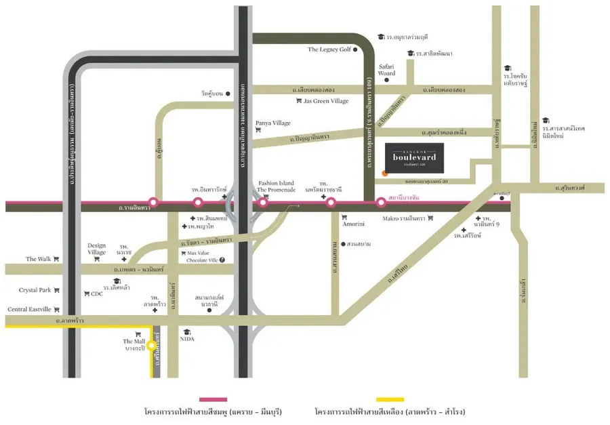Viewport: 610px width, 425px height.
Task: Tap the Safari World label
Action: [x=386, y=69]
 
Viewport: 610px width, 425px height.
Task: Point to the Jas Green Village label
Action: [x=327, y=101]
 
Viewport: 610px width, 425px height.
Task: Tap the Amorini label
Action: [x=353, y=224]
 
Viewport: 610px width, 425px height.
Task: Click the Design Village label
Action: [x=97, y=249]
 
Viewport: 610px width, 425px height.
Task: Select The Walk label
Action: [x=39, y=259]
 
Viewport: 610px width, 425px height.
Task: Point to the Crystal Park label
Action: [x=35, y=290]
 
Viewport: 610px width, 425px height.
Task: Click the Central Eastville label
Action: [x=29, y=309]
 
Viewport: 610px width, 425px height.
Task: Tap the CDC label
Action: [x=96, y=294]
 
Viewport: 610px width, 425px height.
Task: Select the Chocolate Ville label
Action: [x=201, y=260]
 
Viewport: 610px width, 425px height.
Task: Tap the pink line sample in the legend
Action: [x=213, y=399]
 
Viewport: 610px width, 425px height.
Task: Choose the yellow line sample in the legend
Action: [x=389, y=399]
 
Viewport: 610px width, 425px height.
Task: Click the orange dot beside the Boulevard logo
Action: [x=385, y=173]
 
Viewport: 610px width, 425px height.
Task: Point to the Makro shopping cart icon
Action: [x=430, y=218]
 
